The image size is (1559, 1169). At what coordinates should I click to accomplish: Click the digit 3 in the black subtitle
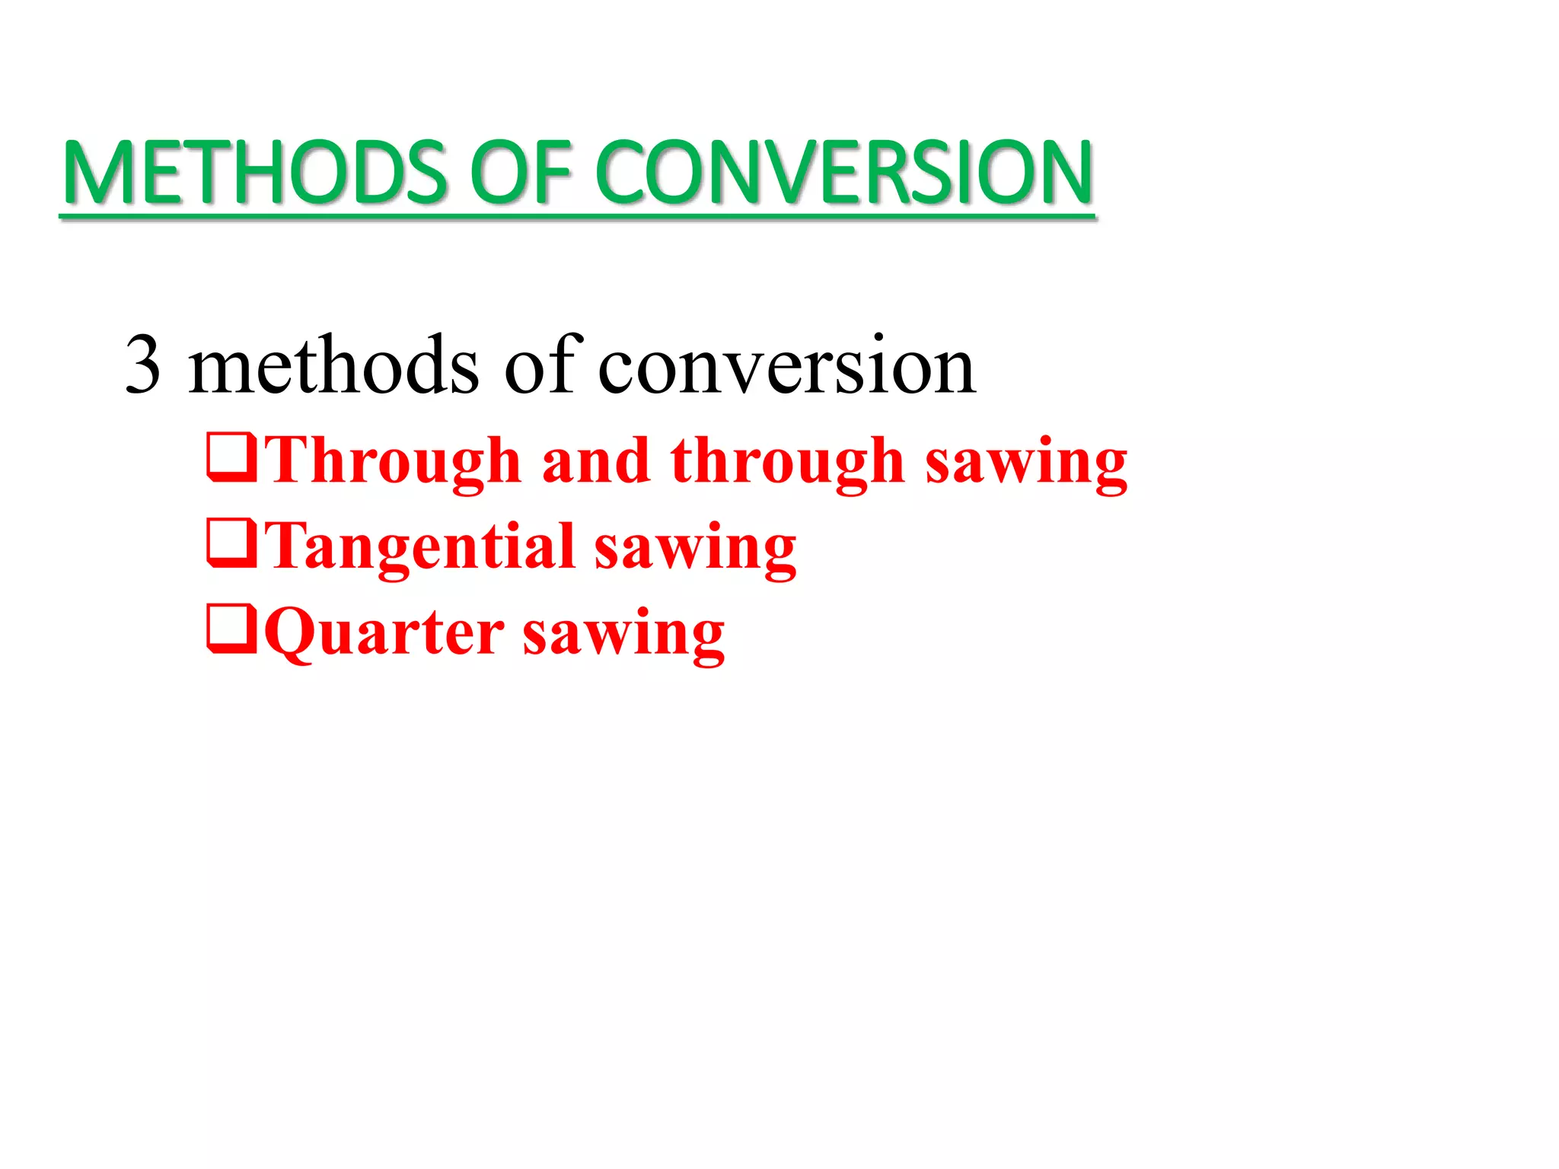click(143, 365)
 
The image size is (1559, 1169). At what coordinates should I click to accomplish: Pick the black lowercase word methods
click(333, 365)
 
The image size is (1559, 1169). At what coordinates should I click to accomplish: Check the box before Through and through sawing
click(231, 457)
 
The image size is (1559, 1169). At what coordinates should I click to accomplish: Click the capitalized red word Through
click(393, 461)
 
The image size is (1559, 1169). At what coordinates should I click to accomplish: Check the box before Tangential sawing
click(231, 543)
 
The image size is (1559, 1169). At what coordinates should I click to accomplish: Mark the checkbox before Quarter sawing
click(231, 628)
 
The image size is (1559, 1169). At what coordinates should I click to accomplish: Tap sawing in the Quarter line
click(623, 634)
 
